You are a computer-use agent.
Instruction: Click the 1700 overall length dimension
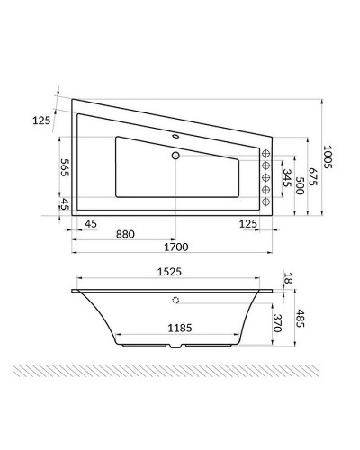click(x=177, y=246)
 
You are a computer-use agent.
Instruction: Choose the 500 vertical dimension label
click(x=300, y=184)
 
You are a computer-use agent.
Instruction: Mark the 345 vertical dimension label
click(x=287, y=176)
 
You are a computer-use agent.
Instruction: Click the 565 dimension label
click(x=40, y=168)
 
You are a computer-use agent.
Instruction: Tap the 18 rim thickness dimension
click(x=289, y=280)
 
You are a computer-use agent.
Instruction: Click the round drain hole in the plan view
click(x=177, y=154)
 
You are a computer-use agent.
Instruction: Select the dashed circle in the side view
click(x=176, y=301)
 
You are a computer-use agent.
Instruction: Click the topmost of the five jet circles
click(x=266, y=154)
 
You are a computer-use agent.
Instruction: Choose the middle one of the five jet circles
click(x=266, y=178)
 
